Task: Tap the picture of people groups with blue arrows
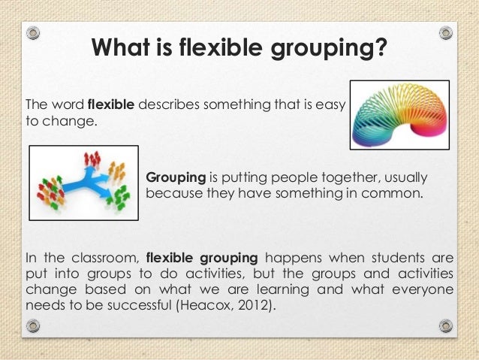click(83, 183)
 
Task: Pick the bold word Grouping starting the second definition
click(176, 178)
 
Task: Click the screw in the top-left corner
click(33, 34)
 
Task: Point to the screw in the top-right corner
click(446, 34)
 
